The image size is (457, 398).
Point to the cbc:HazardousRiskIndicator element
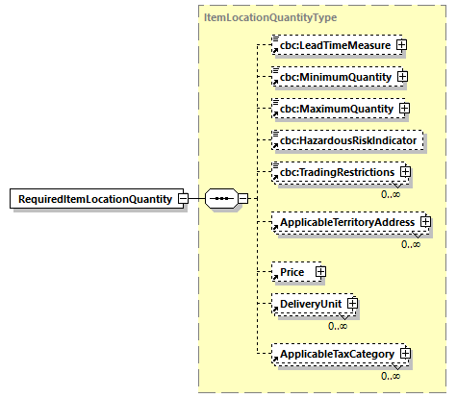pos(346,140)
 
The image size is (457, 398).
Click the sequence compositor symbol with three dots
pos(221,199)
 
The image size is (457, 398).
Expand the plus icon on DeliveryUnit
pos(352,305)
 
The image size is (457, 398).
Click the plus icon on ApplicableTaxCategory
pos(406,355)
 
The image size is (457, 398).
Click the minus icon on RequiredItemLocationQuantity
pos(181,199)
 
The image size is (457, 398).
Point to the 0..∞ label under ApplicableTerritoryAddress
pos(411,244)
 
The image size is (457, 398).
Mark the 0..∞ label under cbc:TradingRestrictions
pos(391,193)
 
